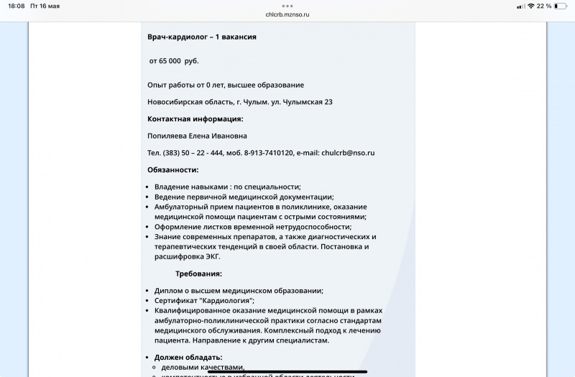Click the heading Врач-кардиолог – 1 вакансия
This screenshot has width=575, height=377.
click(x=201, y=37)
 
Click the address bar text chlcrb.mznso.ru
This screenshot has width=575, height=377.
click(x=287, y=14)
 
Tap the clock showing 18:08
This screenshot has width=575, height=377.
click(x=17, y=6)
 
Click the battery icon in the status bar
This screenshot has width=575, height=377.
click(x=561, y=6)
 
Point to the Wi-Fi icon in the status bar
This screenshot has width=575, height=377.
click(x=530, y=6)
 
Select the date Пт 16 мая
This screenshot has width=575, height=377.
click(x=45, y=6)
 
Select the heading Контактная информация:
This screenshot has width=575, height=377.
click(x=195, y=119)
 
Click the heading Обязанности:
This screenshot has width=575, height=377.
click(x=172, y=170)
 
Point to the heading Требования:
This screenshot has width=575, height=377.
click(x=198, y=274)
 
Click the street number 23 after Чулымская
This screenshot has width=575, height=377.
click(x=328, y=102)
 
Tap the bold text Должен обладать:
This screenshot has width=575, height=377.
click(x=188, y=357)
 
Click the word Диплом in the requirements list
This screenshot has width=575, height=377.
click(x=168, y=291)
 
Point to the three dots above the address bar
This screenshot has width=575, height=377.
click(x=287, y=6)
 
